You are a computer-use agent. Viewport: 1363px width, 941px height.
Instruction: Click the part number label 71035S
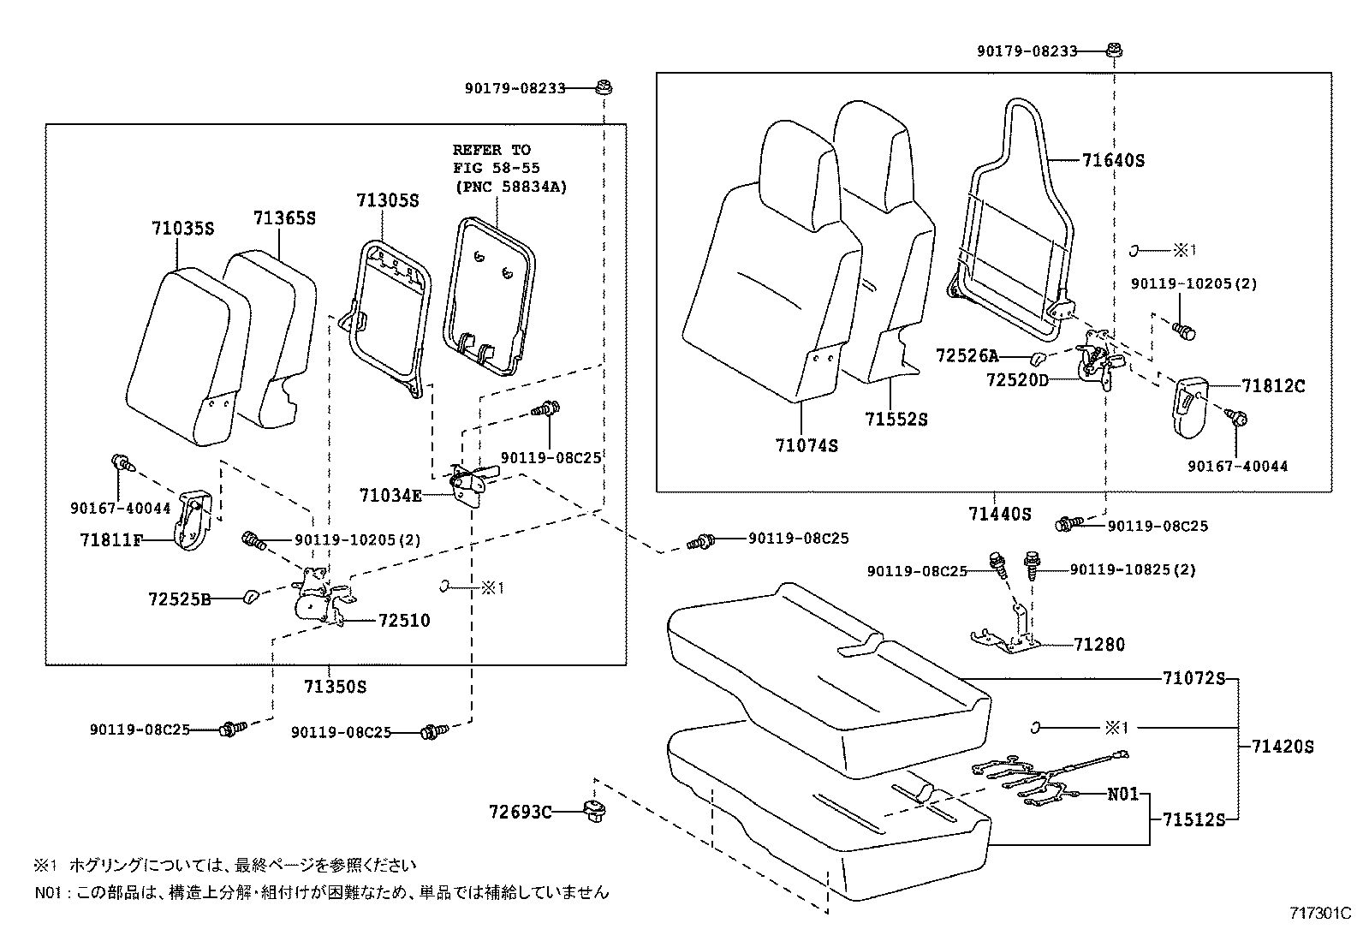coord(182,229)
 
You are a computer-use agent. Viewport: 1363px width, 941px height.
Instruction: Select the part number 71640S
coord(1113,160)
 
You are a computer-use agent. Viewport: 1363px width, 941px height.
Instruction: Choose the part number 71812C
coord(1273,386)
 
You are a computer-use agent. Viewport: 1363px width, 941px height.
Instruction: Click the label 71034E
coord(390,495)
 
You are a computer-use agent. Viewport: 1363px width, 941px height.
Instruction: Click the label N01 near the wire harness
coord(1123,794)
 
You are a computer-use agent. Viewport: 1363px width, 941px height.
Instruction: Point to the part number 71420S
coord(1282,747)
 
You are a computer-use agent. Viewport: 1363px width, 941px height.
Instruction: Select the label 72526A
coord(967,355)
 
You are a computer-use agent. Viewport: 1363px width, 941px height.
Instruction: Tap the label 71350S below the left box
coord(335,687)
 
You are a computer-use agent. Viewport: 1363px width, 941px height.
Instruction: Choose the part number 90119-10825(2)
coord(1133,569)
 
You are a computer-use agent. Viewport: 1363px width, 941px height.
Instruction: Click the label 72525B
coord(180,599)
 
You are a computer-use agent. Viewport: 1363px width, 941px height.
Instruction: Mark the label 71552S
coord(896,420)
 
